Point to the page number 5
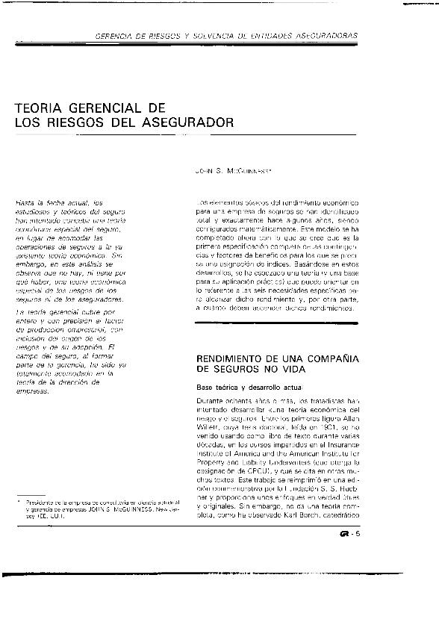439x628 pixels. [358, 532]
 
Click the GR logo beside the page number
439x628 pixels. [344, 532]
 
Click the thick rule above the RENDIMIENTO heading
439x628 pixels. [277, 323]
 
